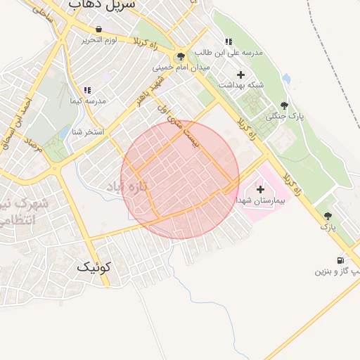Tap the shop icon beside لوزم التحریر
coord(98,30)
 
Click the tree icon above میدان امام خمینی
coord(181,57)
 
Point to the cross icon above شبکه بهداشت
coord(240,74)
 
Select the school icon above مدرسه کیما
coord(87,90)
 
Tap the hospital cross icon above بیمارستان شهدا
coord(260,188)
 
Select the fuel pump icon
coord(341,260)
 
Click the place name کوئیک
coord(94,266)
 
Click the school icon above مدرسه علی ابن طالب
coord(226,41)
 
